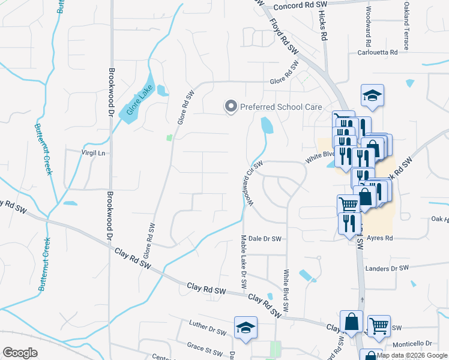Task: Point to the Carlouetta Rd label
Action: coord(378,52)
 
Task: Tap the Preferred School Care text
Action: coord(281,107)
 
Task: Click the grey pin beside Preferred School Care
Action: coord(231,106)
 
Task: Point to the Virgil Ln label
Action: coord(93,153)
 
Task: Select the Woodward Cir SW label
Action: coord(252,184)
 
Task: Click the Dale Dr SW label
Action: coord(265,239)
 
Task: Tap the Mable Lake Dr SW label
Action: coord(244,262)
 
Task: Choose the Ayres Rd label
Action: coord(379,238)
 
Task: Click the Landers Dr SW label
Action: coord(387,268)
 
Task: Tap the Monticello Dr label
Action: coord(412,344)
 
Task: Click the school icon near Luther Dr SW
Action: coord(246,328)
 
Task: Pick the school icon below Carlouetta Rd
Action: coord(372,95)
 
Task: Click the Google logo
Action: coord(20,353)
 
